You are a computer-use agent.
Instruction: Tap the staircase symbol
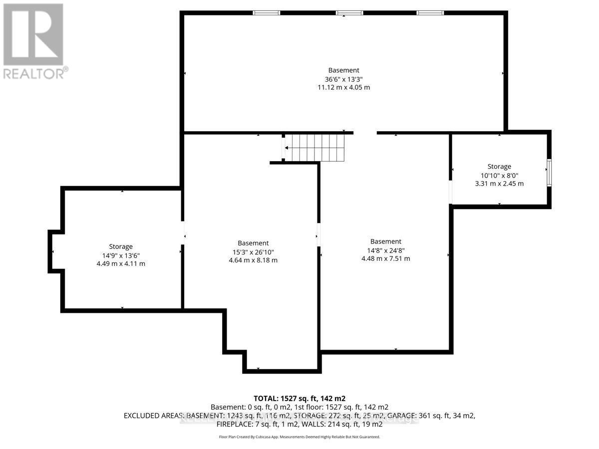(315, 148)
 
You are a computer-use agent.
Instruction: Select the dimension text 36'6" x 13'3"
(343, 79)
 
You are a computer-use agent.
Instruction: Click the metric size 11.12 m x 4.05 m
(343, 87)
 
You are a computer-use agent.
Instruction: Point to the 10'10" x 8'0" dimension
(499, 175)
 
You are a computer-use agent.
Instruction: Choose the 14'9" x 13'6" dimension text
(121, 255)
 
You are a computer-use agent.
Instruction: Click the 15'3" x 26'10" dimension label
(253, 252)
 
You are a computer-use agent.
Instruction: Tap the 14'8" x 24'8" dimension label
(385, 250)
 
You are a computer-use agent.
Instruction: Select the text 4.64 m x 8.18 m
(253, 260)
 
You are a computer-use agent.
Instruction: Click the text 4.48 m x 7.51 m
(385, 258)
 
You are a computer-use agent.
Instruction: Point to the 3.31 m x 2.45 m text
(499, 184)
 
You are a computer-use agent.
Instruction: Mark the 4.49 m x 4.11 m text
(121, 263)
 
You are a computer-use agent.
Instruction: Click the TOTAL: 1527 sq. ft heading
(299, 398)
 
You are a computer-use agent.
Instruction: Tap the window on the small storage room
(549, 173)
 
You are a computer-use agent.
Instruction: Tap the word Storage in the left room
(121, 246)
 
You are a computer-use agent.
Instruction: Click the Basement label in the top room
(343, 70)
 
